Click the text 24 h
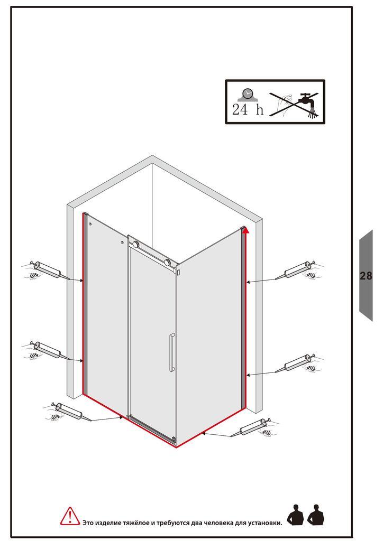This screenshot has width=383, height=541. point(248,110)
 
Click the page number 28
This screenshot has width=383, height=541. point(366,276)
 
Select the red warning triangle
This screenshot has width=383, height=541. point(70,517)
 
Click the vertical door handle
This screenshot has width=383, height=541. point(171,352)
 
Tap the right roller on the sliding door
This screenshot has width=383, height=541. point(168,262)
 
